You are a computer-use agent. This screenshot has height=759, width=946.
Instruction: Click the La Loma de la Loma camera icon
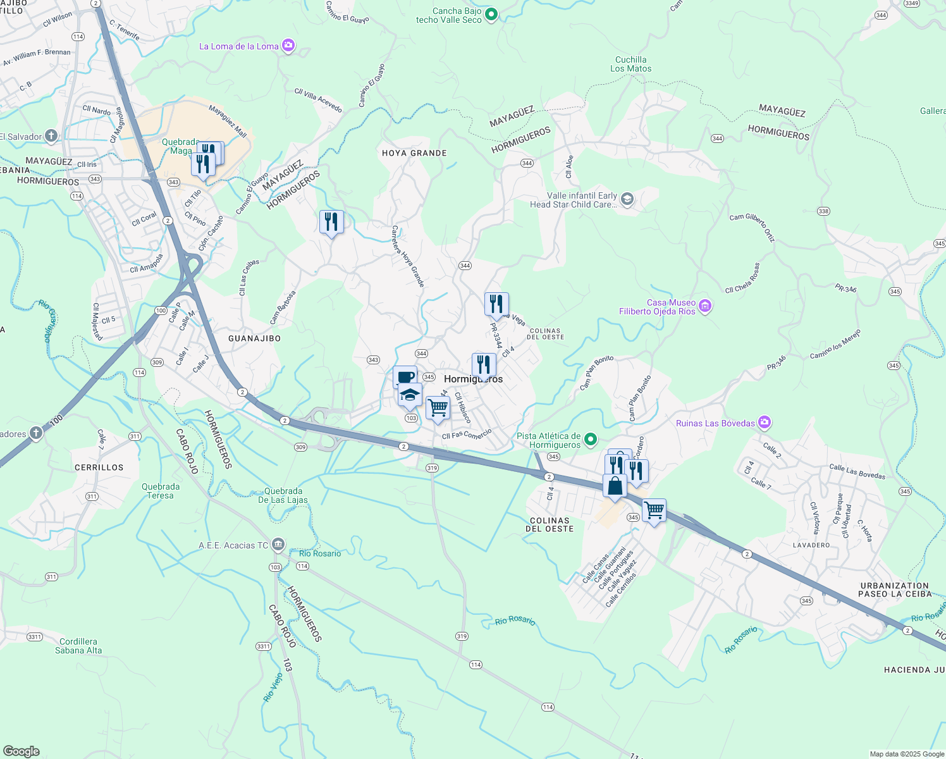(288, 46)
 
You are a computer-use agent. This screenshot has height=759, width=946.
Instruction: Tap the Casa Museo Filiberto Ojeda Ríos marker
(706, 307)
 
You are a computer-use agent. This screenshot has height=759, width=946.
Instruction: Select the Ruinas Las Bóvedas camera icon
(765, 423)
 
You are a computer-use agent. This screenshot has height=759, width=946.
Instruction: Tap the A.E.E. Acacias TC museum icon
(278, 545)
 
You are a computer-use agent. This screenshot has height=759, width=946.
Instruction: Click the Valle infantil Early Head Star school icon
(627, 200)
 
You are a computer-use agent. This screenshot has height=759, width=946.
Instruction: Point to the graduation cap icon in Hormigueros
(410, 395)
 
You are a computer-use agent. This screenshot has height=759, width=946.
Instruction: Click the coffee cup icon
(405, 377)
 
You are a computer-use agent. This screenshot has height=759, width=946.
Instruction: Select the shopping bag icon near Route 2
(615, 486)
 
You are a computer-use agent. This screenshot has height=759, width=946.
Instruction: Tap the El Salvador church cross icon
(51, 136)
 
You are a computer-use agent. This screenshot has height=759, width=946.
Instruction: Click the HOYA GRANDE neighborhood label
(414, 153)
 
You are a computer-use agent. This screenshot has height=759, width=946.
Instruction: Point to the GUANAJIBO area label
(254, 338)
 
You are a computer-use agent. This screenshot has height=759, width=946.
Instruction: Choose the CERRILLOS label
(99, 467)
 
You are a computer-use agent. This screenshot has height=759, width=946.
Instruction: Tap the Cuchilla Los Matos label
(630, 64)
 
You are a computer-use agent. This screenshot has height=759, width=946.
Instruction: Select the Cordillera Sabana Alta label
(78, 646)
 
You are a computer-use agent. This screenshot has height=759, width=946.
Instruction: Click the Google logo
(21, 751)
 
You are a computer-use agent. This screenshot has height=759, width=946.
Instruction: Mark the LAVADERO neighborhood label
(811, 545)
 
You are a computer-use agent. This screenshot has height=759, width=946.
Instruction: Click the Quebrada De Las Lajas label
(283, 495)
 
